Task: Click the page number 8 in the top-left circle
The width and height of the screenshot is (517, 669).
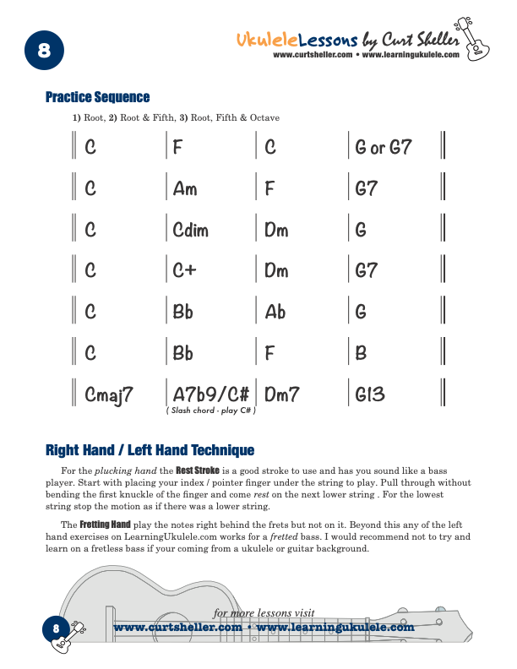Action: [x=44, y=52]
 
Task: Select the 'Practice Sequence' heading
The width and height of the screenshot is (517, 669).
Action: [x=97, y=97]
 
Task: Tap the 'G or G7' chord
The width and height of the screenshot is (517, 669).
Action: [x=384, y=148]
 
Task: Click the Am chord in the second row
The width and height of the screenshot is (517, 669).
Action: [x=184, y=188]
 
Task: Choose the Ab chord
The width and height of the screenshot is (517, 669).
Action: [x=275, y=313]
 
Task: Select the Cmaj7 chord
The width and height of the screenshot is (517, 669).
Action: [x=110, y=395]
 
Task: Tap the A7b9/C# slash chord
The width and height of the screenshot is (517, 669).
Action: [x=210, y=394]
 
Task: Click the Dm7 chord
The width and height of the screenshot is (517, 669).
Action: [x=282, y=394]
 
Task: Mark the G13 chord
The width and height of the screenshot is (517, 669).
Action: [x=371, y=394]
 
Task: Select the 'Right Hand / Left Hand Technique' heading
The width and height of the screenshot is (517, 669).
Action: [x=150, y=449]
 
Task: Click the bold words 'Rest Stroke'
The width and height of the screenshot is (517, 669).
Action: [x=197, y=469]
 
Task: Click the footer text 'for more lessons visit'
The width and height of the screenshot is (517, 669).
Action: [x=264, y=613]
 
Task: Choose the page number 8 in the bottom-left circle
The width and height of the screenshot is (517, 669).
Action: [x=56, y=628]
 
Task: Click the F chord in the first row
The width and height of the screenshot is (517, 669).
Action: [x=178, y=148]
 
